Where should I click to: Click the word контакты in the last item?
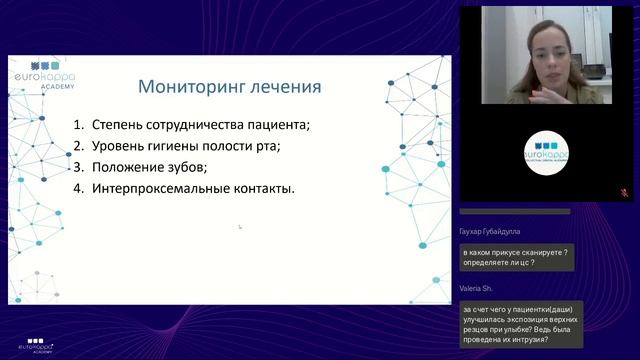263,188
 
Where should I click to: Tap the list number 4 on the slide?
77,188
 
